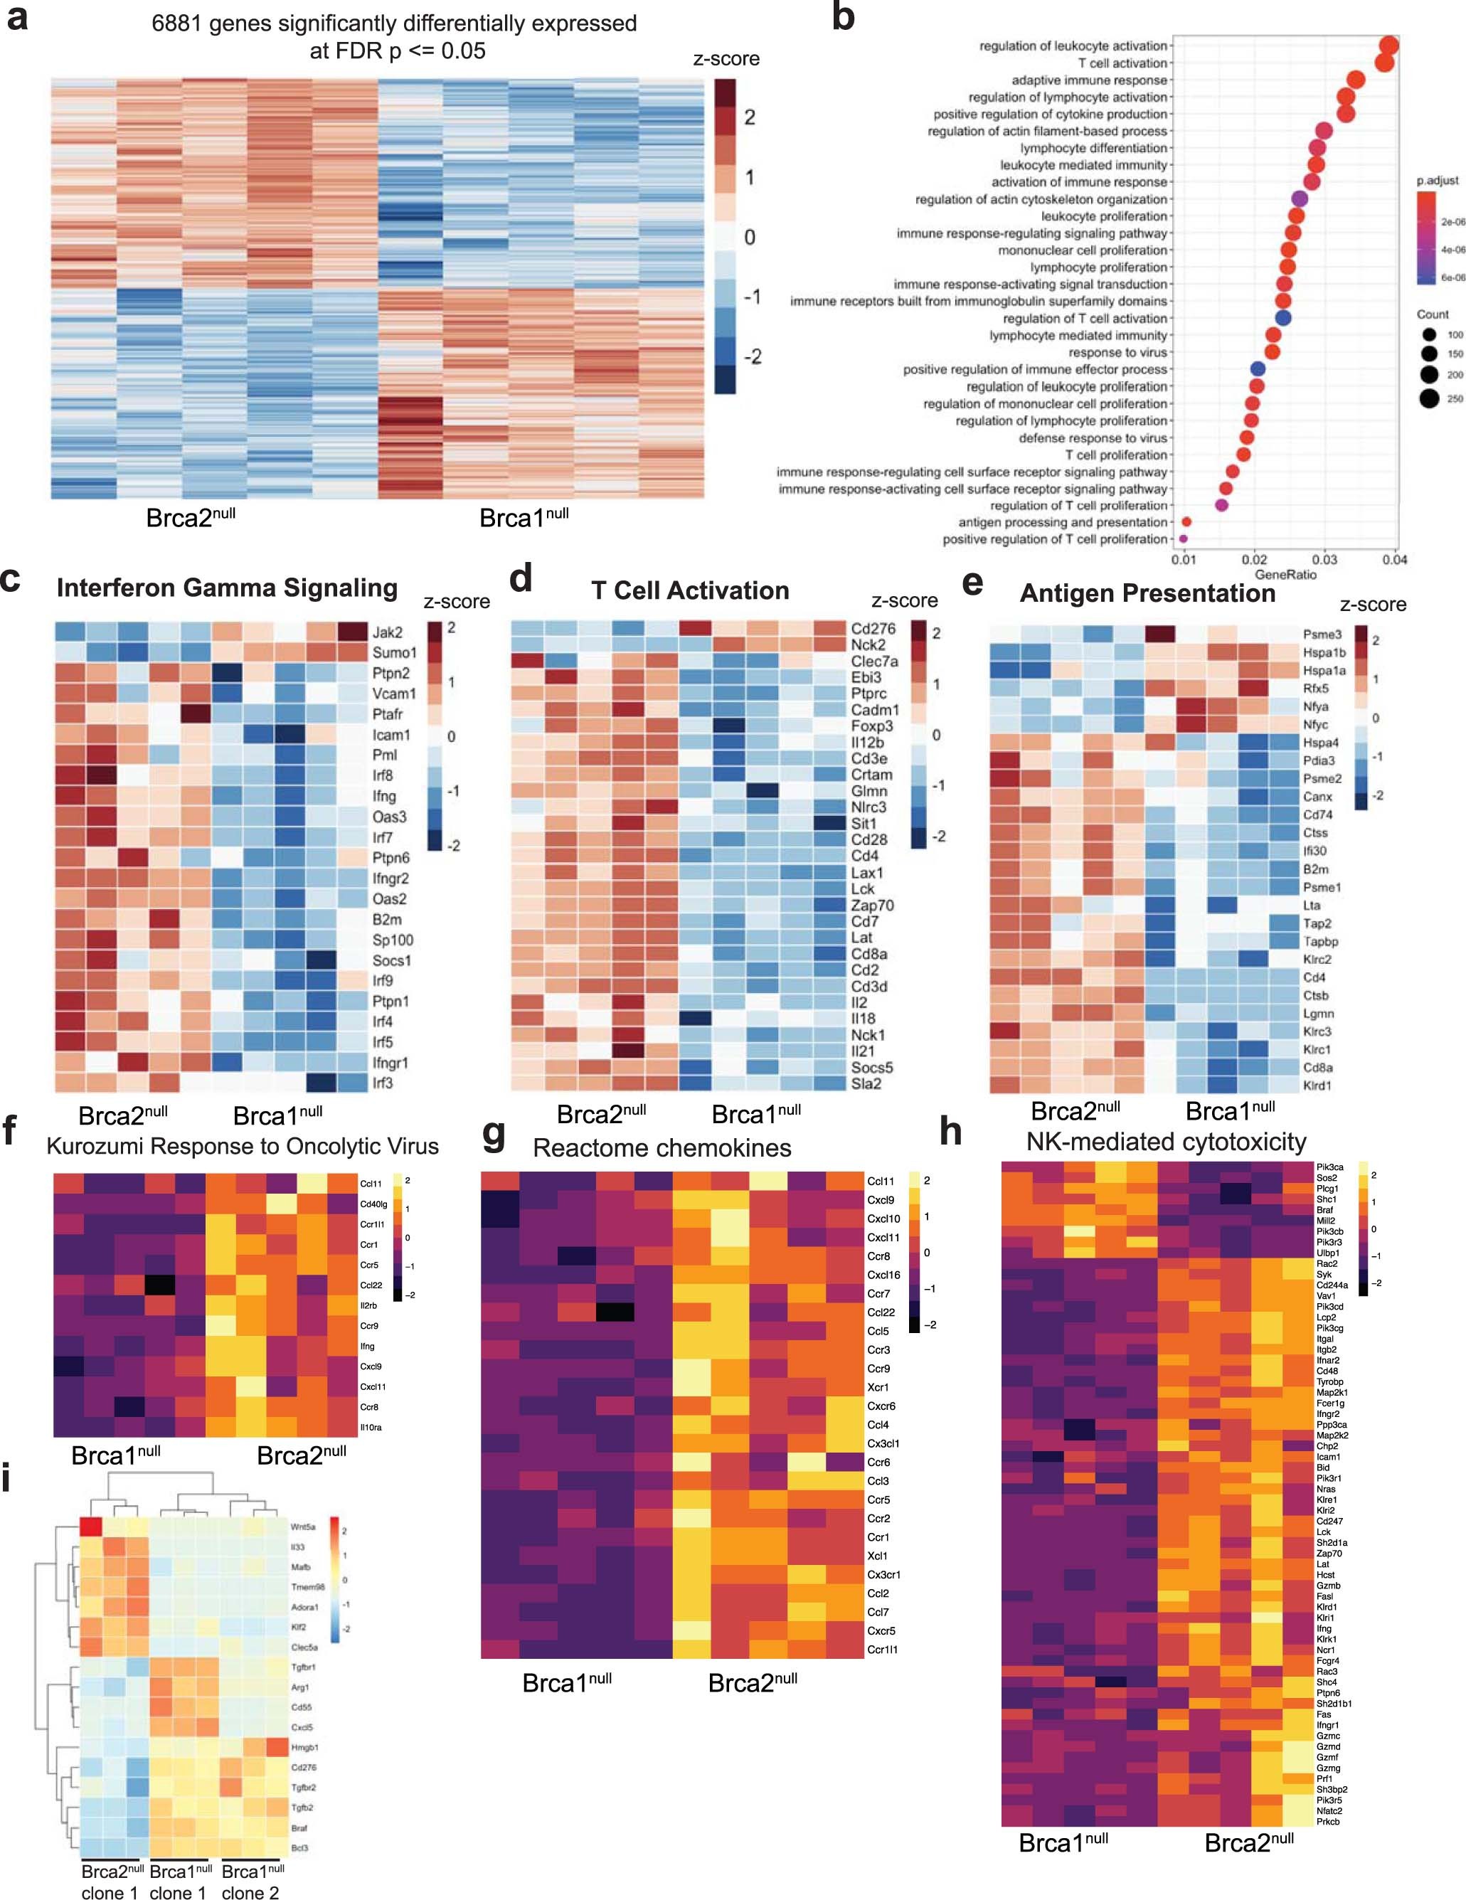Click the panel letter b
(842, 17)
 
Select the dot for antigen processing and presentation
(1186, 522)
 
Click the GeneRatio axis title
(1285, 574)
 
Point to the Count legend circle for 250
(1428, 398)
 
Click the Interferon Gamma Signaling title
(227, 588)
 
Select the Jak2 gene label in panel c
(387, 632)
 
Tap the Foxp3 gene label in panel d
(872, 726)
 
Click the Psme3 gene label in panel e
(1322, 635)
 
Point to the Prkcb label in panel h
(1328, 1821)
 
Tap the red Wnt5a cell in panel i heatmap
(90, 1527)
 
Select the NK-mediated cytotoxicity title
(1166, 1142)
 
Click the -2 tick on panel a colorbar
(753, 356)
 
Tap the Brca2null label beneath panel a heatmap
(191, 518)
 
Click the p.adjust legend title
(1438, 180)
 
